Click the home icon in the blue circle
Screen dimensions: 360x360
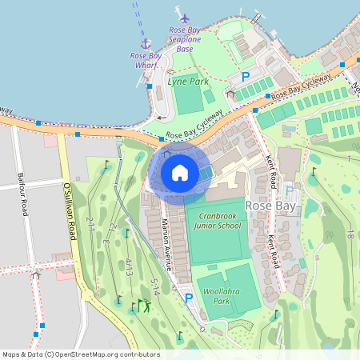[180, 172]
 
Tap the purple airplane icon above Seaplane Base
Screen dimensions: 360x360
[186, 18]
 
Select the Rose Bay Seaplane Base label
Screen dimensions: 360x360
[185, 39]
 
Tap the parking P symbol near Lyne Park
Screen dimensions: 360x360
[246, 77]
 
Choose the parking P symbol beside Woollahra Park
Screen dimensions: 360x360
[189, 298]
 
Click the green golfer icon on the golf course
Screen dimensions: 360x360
[143, 305]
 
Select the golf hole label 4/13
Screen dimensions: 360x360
[128, 267]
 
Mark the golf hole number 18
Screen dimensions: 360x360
[350, 234]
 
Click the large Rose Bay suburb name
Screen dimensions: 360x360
[270, 206]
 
